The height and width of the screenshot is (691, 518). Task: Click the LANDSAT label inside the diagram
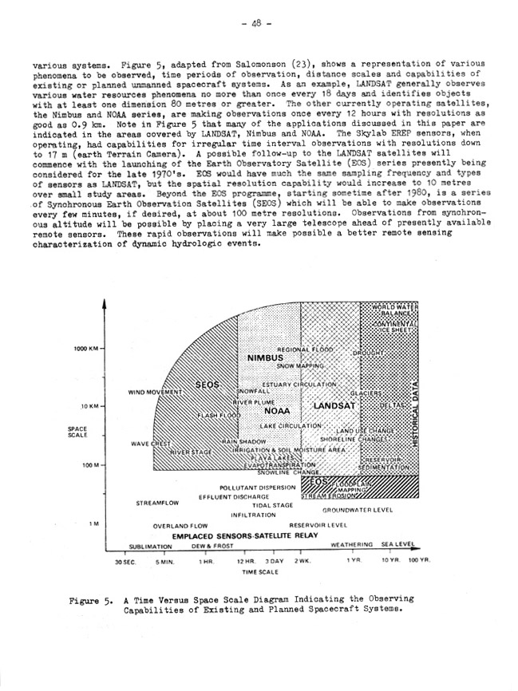[x=333, y=406]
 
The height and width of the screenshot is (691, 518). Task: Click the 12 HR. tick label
[x=244, y=562]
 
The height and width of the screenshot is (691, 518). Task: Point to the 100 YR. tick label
[x=419, y=561]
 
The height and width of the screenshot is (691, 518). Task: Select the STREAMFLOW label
[x=156, y=503]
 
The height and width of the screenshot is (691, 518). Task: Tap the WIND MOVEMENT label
[x=155, y=393]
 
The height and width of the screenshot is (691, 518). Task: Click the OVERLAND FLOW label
[x=180, y=527]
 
